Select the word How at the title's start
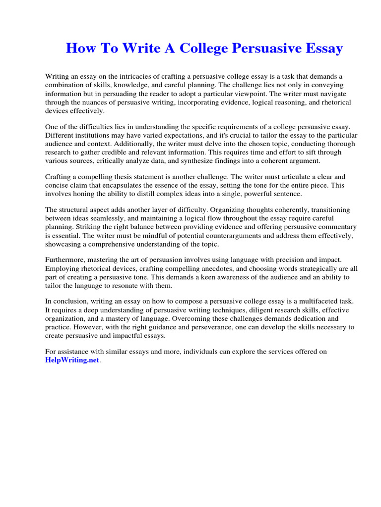coord(79,49)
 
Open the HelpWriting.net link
coord(72,361)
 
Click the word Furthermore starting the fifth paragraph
coord(67,259)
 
